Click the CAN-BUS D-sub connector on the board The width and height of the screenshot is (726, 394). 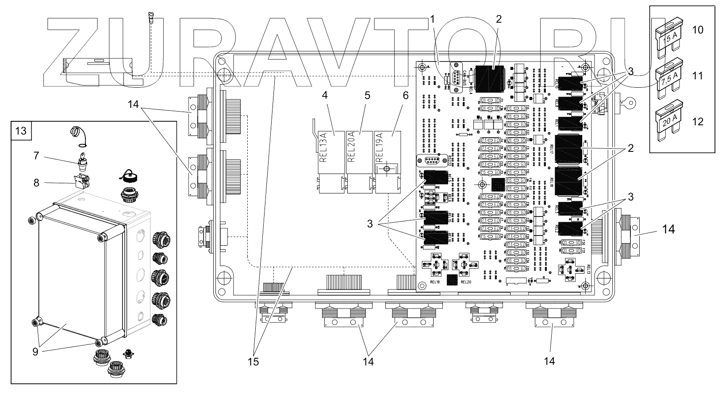(453, 79)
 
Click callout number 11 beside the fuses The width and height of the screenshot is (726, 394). (697, 76)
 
